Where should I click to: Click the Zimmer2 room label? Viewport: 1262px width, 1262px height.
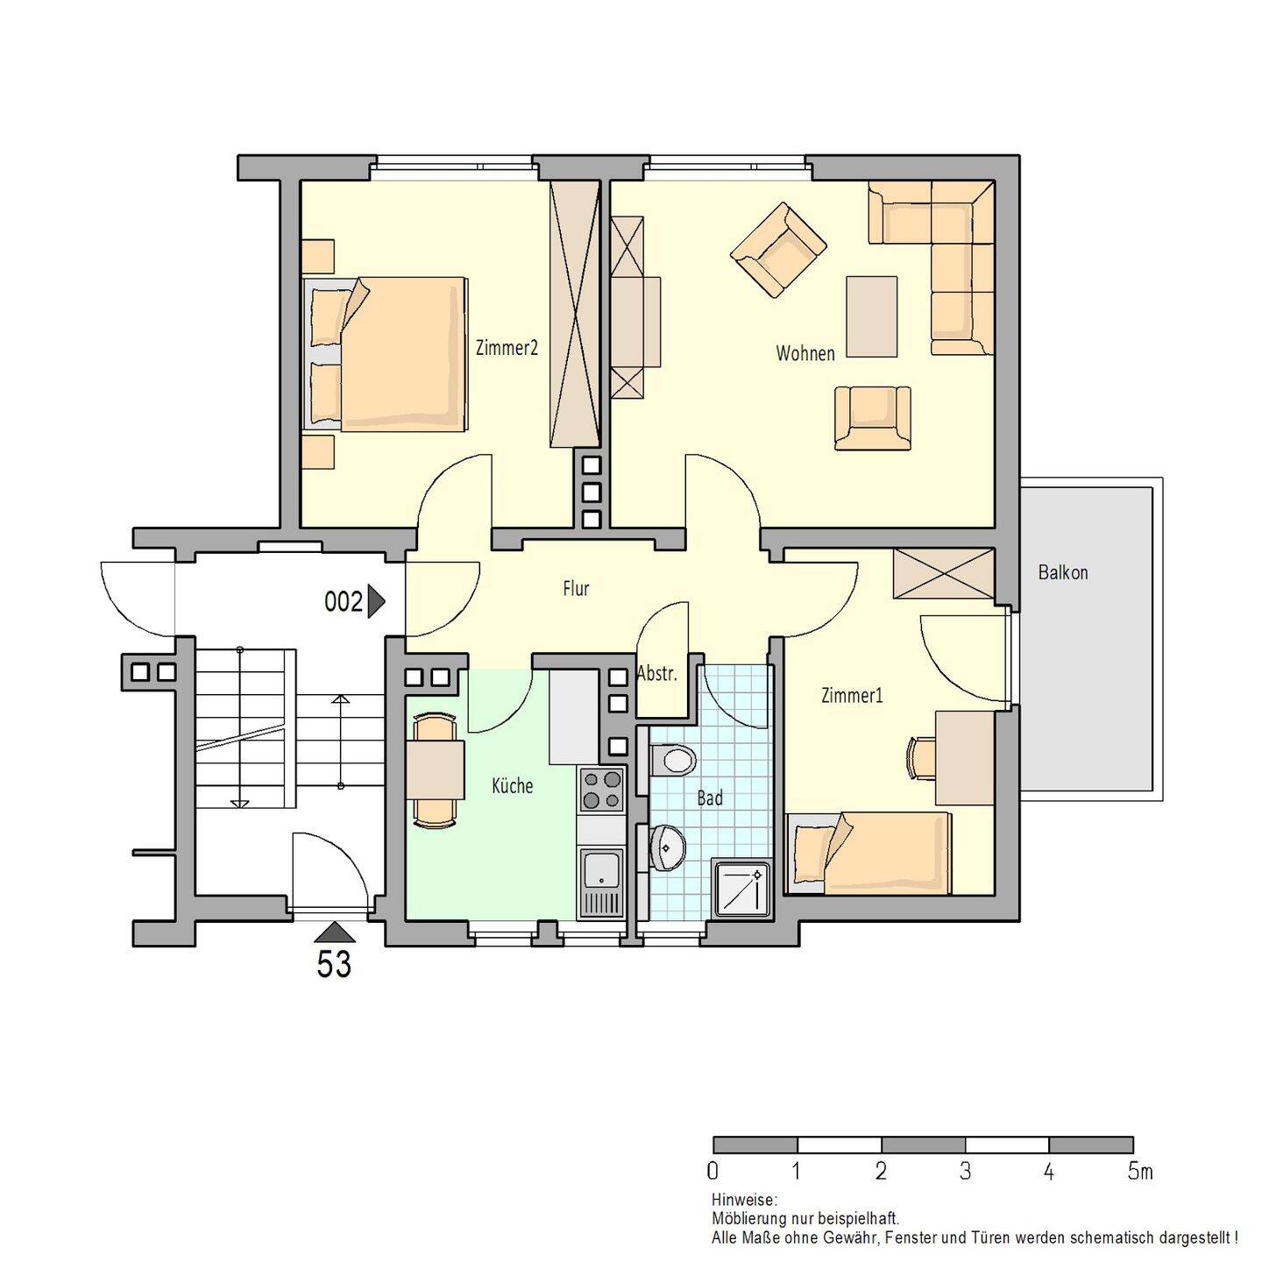[507, 348]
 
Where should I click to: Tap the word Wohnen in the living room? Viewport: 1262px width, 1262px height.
[805, 354]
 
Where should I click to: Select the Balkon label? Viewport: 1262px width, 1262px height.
[1063, 572]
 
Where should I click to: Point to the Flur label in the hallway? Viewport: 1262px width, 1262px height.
[576, 588]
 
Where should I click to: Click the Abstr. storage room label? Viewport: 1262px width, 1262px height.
[656, 674]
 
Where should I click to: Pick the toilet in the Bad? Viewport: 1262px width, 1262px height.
[673, 761]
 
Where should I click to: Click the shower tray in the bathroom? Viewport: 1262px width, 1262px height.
[741, 889]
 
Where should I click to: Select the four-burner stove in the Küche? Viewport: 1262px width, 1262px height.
[602, 790]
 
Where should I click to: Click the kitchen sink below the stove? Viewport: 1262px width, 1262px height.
[602, 883]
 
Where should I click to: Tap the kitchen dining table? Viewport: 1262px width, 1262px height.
[435, 770]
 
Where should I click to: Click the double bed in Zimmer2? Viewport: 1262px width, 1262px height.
[385, 354]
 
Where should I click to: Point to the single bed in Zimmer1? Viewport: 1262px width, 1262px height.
[869, 854]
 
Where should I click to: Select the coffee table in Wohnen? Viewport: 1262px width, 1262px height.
[872, 316]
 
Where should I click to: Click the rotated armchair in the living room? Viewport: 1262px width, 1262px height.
[778, 249]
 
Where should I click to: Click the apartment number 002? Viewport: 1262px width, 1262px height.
[344, 602]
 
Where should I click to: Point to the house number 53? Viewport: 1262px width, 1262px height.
[334, 964]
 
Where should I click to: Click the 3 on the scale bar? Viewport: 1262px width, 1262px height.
[965, 1172]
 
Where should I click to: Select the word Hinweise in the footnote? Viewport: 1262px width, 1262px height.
[744, 1201]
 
